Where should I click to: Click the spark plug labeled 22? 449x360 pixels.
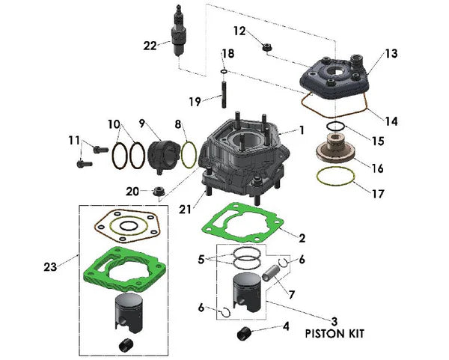click(178, 34)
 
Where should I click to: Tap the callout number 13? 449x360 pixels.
click(391, 54)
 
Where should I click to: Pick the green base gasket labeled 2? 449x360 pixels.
click(246, 221)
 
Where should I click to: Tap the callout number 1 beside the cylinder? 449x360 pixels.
click(302, 129)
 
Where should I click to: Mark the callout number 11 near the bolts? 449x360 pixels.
click(73, 140)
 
